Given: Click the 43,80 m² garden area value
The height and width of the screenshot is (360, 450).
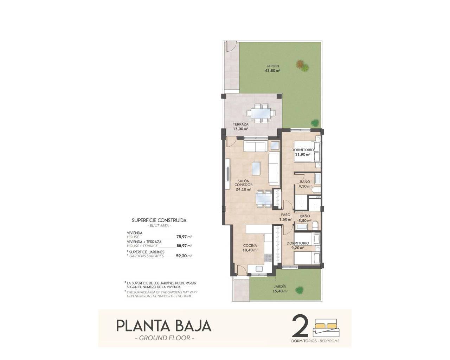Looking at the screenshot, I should tap(272, 70).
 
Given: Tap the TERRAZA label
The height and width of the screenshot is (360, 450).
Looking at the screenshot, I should tap(240, 124).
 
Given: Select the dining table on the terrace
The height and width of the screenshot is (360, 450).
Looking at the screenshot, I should tap(261, 113).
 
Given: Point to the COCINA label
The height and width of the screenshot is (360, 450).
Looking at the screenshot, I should tap(250, 245).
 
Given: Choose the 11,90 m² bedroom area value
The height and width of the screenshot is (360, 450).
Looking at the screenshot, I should tap(303, 154).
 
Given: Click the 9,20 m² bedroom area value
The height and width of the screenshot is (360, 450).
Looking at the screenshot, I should tap(297, 247).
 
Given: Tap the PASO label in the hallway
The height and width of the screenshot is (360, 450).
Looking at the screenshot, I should tap(285, 215).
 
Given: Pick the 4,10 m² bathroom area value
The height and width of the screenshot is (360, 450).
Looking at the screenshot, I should tap(305, 187).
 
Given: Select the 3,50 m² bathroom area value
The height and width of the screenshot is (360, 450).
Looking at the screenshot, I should tap(304, 221).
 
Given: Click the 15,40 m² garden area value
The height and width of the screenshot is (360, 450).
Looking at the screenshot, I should tap(281, 291).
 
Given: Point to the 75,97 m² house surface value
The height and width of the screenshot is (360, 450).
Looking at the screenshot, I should tap(184, 237).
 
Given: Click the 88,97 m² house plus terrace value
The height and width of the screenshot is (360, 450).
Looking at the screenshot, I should tap(184, 246).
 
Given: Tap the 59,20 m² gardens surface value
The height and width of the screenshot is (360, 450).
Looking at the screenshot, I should tap(184, 256).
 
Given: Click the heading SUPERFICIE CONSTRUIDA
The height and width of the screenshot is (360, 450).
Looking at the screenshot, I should tap(159, 220).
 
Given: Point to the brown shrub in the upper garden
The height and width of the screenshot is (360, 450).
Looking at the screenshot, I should tap(300, 64).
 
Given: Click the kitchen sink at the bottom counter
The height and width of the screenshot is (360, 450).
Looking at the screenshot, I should tap(260, 269).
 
